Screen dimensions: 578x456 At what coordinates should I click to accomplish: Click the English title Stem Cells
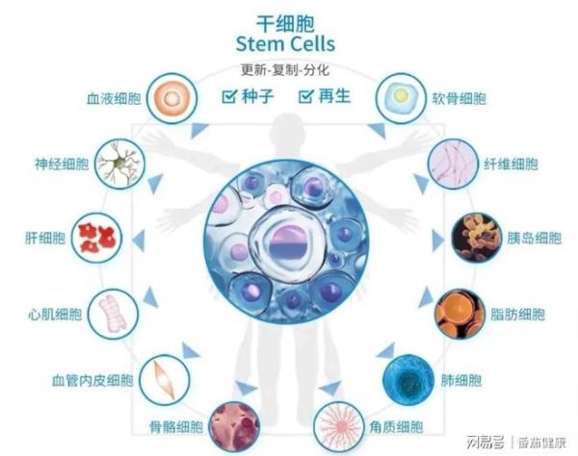(x=285, y=44)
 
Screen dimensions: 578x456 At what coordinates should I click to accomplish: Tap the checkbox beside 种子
(x=229, y=96)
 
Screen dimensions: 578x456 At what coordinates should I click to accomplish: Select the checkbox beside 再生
(x=305, y=96)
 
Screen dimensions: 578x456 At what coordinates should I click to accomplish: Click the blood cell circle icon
(x=171, y=98)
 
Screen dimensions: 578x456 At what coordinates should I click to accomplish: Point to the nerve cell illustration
(x=120, y=164)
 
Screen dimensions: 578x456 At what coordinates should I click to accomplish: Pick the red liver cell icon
(x=96, y=238)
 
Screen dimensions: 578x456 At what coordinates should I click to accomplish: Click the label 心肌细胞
(x=55, y=315)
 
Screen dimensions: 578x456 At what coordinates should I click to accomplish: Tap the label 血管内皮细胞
(x=92, y=380)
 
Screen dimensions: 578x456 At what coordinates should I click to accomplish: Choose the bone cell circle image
(x=234, y=427)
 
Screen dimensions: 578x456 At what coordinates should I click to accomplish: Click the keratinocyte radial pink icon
(x=339, y=427)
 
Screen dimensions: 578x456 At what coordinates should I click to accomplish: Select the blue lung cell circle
(x=408, y=380)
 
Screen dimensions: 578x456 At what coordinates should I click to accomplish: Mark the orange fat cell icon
(x=460, y=314)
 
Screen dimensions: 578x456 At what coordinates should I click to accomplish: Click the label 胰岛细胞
(x=534, y=239)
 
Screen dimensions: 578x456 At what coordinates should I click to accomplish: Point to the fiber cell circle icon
(x=453, y=164)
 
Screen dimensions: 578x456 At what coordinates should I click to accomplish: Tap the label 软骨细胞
(x=459, y=99)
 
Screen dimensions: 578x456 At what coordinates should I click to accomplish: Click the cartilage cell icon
(x=401, y=98)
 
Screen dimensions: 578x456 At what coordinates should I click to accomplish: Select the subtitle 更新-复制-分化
(x=285, y=70)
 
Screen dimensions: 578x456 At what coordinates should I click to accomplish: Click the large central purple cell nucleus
(x=289, y=243)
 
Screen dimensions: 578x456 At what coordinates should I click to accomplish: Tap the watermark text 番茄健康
(x=541, y=443)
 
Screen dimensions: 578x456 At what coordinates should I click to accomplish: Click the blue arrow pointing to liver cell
(x=138, y=241)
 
